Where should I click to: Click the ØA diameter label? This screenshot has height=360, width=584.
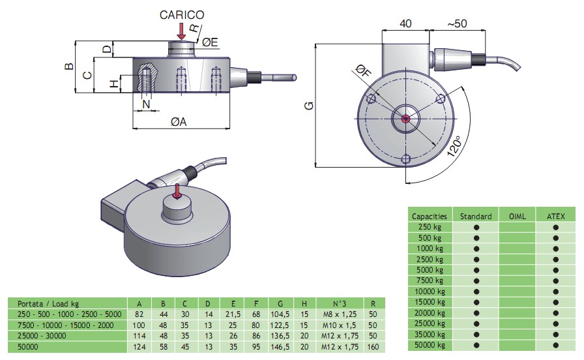click(179, 121)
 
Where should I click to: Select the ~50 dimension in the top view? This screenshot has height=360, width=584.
click(456, 23)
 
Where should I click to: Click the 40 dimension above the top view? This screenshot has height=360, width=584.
click(405, 23)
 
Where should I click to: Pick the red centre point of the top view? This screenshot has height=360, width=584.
click(405, 119)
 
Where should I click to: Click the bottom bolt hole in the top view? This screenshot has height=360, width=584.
click(405, 158)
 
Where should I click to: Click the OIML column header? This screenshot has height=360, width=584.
click(517, 215)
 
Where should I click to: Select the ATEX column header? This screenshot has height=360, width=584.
click(555, 215)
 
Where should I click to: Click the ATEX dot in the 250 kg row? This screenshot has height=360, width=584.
click(555, 227)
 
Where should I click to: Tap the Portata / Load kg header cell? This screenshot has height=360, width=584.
click(48, 303)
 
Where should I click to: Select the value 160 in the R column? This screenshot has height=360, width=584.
click(372, 346)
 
